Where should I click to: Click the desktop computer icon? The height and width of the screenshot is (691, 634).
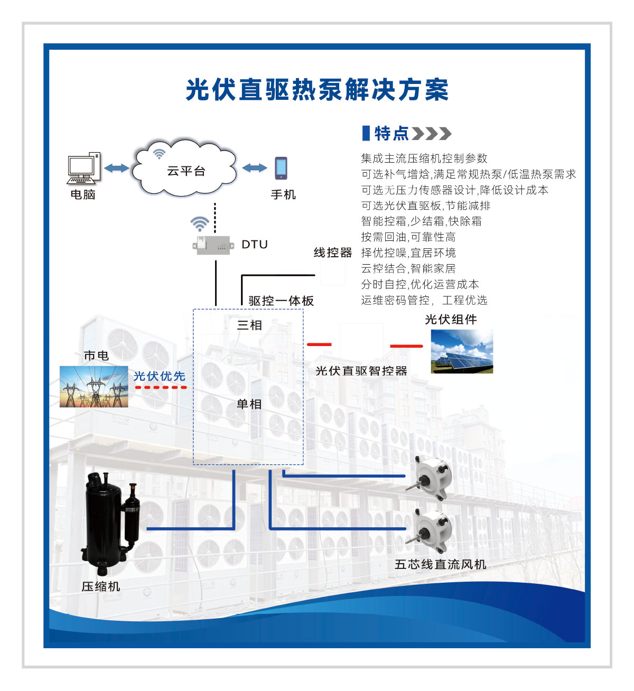click(83, 168)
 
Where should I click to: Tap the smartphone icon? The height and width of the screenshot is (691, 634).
click(281, 168)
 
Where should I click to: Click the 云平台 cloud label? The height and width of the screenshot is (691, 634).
click(185, 171)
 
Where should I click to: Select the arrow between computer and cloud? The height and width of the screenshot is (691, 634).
click(116, 168)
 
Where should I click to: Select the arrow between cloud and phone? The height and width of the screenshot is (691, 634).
click(255, 168)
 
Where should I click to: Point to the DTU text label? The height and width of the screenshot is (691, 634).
click(255, 245)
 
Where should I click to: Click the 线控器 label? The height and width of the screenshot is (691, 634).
click(333, 253)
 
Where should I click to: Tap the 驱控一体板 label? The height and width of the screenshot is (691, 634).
click(281, 301)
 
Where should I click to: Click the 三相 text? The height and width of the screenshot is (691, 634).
click(249, 325)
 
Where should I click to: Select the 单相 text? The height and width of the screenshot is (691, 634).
click(249, 404)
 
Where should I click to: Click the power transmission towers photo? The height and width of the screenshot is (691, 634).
click(94, 387)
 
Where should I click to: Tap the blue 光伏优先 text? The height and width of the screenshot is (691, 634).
click(160, 376)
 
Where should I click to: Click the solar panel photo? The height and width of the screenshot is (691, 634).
click(462, 351)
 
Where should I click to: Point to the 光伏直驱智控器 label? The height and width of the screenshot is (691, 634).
click(361, 371)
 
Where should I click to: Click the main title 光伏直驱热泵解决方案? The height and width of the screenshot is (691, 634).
click(317, 90)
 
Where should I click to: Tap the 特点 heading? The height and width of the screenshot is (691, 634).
click(391, 134)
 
